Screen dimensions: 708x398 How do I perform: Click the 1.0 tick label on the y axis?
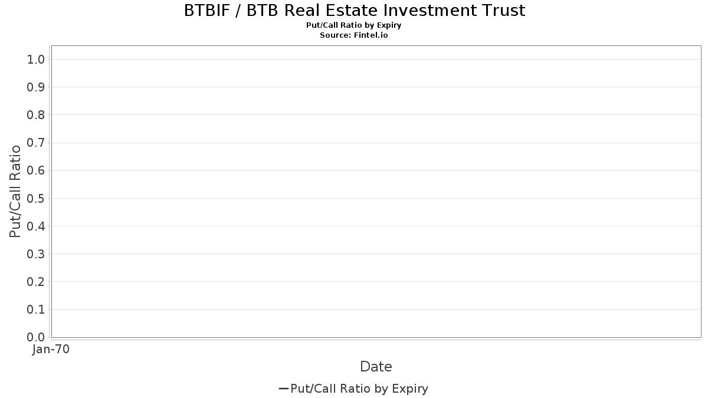pyautogui.click(x=36, y=60)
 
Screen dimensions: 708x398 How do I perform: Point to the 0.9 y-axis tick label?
pyautogui.click(x=36, y=87)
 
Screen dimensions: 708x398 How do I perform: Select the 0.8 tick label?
pyautogui.click(x=36, y=115)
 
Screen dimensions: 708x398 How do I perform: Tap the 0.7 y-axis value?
pyautogui.click(x=36, y=143)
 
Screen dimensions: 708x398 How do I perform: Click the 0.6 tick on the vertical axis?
pyautogui.click(x=36, y=170)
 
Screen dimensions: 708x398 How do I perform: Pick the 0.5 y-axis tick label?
pyautogui.click(x=36, y=198)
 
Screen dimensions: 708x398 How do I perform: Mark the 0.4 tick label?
pyautogui.click(x=36, y=226)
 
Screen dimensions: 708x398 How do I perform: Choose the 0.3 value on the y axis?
pyautogui.click(x=36, y=254)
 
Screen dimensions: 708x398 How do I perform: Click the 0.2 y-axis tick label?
pyautogui.click(x=36, y=282)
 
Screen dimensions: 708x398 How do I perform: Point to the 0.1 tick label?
pyautogui.click(x=36, y=310)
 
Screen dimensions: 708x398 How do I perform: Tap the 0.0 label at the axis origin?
pyautogui.click(x=36, y=337)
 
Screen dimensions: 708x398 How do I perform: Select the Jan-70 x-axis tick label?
pyautogui.click(x=51, y=349)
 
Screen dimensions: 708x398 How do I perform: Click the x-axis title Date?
pyautogui.click(x=376, y=367)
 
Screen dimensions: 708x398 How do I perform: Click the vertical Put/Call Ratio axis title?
pyautogui.click(x=15, y=192)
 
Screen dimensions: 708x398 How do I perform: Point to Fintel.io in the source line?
pyautogui.click(x=371, y=35)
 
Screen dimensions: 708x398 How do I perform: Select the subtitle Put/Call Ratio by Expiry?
pyautogui.click(x=353, y=25)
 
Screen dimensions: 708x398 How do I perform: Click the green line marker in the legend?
pyautogui.click(x=284, y=389)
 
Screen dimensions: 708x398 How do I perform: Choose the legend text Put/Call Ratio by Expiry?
pyautogui.click(x=359, y=389)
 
